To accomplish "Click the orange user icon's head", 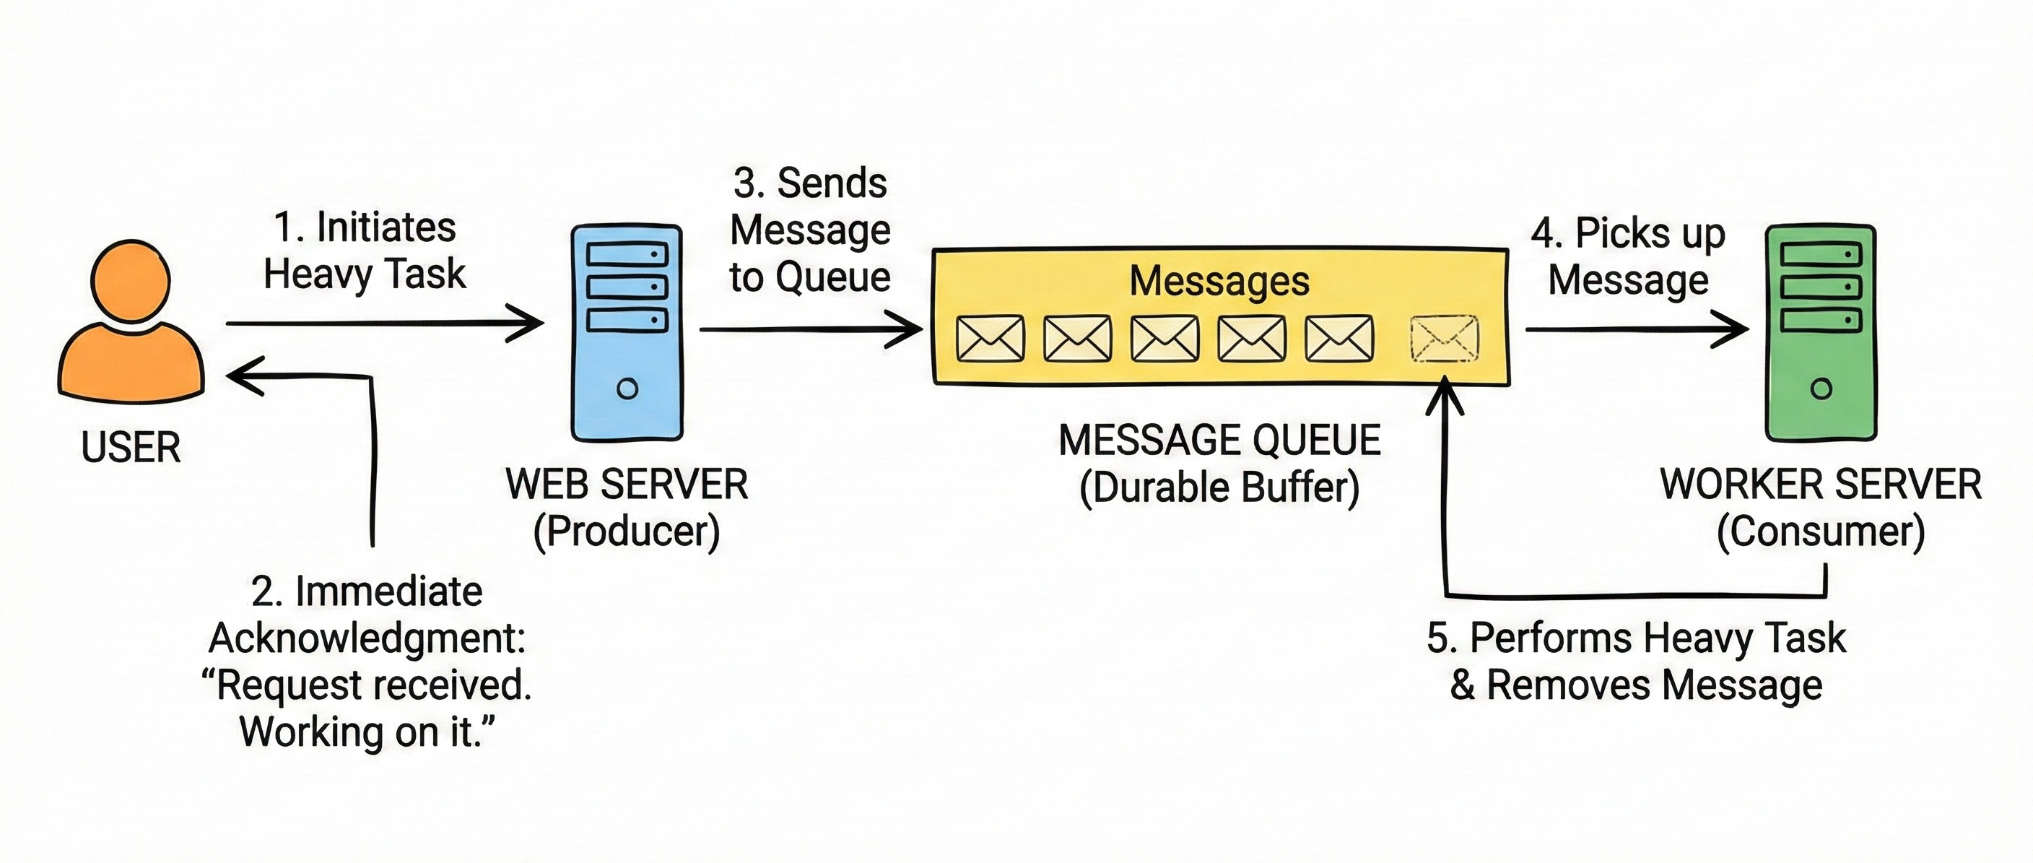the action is [130, 281].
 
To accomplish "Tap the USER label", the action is [131, 448].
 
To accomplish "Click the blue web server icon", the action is [627, 332].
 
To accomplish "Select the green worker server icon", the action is [1821, 332].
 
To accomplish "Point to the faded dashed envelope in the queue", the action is [1444, 339].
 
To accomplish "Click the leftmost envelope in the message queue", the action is [991, 339].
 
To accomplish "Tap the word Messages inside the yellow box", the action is [1219, 281].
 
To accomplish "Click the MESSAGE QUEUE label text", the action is [1219, 440].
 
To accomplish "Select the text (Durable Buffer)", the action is [1219, 487].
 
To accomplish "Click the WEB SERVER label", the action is [627, 484].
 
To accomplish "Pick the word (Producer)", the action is [627, 532].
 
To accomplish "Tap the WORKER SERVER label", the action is [1821, 484].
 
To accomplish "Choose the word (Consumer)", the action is [1821, 532].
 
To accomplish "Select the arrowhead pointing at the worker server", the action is [1733, 329].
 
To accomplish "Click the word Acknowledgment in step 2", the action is [367, 638].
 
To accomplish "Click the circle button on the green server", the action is [1821, 389].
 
